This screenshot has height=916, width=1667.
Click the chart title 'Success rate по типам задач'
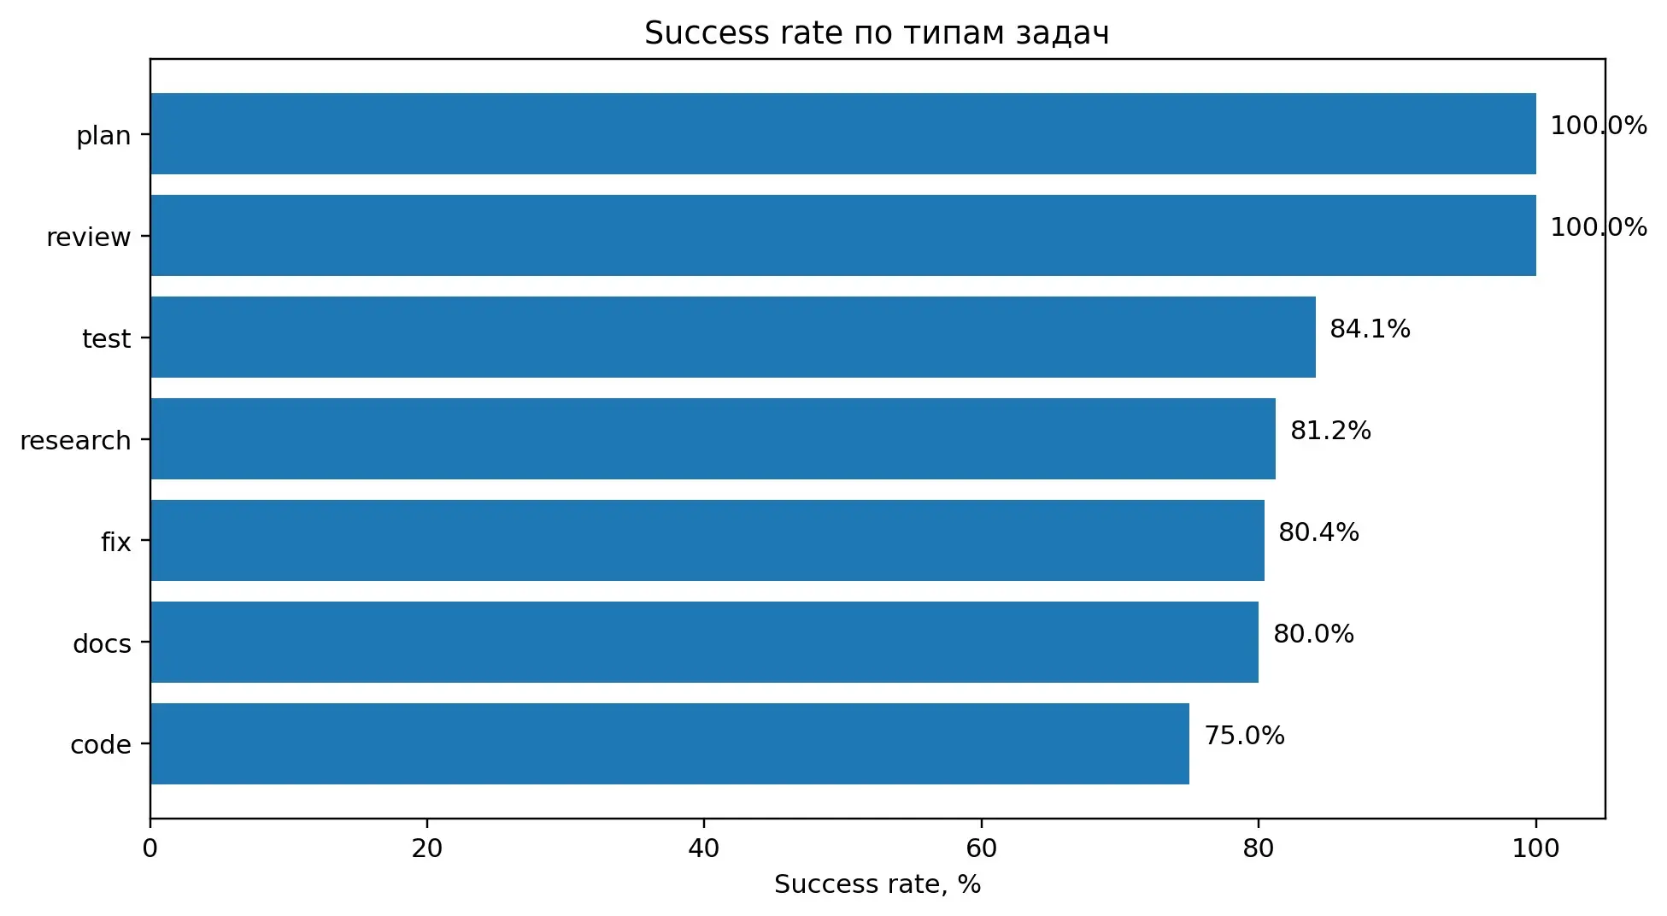[877, 33]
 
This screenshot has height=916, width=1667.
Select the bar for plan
[843, 134]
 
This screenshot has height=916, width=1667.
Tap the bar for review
[843, 236]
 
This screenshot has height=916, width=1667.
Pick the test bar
[733, 338]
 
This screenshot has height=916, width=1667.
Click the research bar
[713, 439]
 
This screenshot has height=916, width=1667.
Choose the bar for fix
[707, 541]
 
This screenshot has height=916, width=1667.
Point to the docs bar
[705, 643]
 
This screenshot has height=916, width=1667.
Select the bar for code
[670, 744]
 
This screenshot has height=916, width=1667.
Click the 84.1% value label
[1370, 329]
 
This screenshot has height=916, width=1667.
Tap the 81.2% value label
[1330, 431]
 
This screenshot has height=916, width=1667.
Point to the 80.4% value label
[1318, 532]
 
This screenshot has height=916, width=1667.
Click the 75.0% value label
[1244, 736]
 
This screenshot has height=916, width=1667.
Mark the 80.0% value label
[1313, 634]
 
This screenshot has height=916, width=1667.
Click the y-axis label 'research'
[75, 441]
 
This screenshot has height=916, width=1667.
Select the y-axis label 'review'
[89, 238]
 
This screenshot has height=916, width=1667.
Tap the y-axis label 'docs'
[102, 644]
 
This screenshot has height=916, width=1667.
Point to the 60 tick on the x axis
[981, 848]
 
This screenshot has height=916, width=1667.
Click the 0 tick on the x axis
[150, 848]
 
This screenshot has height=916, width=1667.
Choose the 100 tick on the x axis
[1535, 848]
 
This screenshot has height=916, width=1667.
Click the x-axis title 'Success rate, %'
[878, 885]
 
